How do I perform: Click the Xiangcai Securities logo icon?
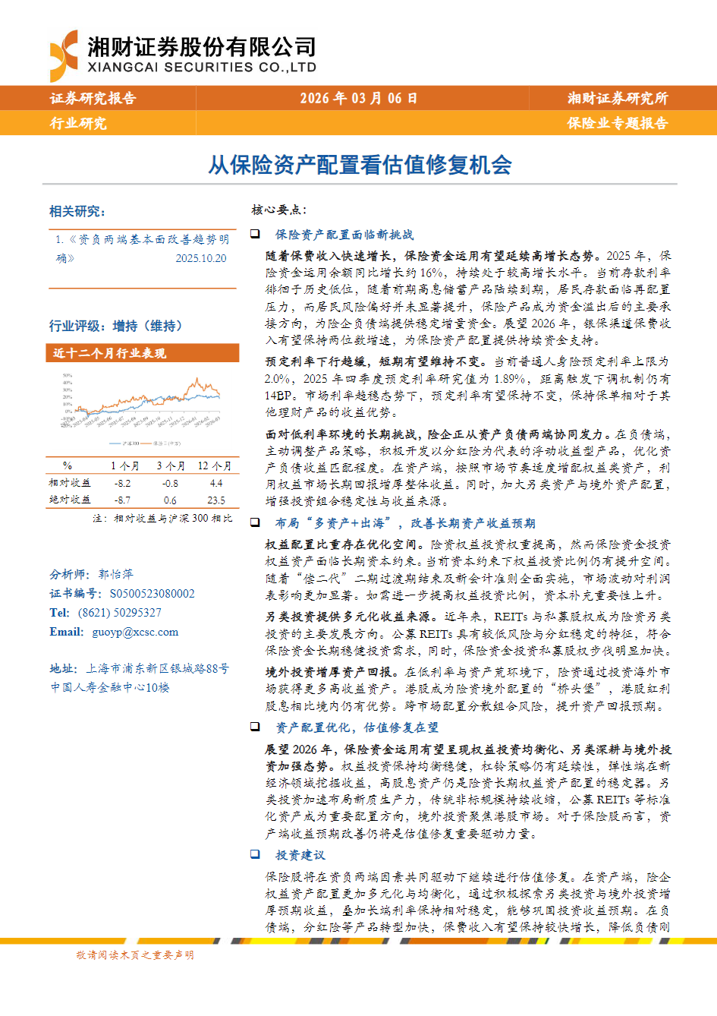pos(64,55)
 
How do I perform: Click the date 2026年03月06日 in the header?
pos(358,98)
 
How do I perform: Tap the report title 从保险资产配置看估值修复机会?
pos(360,165)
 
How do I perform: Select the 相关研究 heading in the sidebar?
pos(77,211)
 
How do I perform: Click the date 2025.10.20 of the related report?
pos(200,258)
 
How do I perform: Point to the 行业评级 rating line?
pos(116,326)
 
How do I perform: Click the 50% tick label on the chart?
pos(68,376)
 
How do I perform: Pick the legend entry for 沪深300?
pos(124,443)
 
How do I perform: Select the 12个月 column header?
pos(215,465)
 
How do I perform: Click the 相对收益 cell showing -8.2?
pos(122,483)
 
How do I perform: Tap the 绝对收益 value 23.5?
pos(215,500)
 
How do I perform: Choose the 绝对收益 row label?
pos(70,500)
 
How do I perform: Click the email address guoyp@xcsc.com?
pos(135,632)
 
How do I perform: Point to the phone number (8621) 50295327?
pos(119,613)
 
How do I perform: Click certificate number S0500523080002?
pos(152,594)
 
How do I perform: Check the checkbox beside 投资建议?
pos(256,854)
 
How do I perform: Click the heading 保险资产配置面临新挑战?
pos(344,235)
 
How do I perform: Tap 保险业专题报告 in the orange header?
pos(617,123)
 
